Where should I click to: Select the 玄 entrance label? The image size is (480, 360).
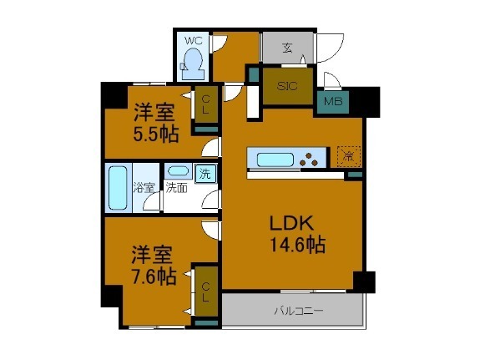[x=286, y=48]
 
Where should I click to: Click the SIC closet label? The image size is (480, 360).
[x=288, y=86]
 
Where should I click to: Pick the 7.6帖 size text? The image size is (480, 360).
[x=153, y=276]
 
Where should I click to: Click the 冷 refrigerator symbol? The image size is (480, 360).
[x=346, y=155]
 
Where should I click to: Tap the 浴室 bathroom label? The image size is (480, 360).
[x=144, y=187]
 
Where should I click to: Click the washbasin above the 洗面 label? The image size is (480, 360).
[x=176, y=170]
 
